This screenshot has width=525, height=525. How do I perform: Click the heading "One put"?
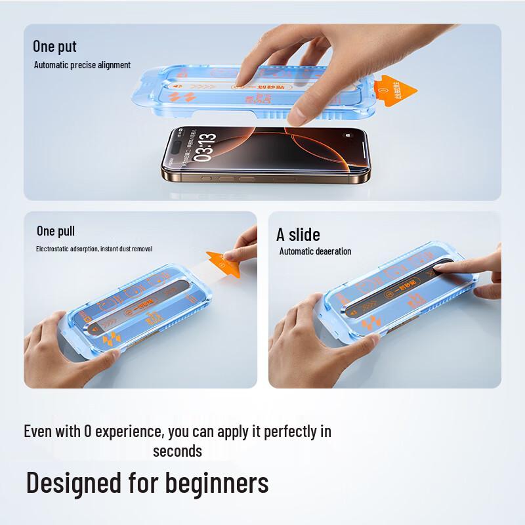pyautogui.click(x=54, y=47)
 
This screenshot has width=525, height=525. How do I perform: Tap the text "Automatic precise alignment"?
pyautogui.click(x=82, y=65)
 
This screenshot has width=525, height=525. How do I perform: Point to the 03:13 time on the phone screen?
pyautogui.click(x=199, y=140)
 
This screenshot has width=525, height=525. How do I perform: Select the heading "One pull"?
pyautogui.click(x=56, y=231)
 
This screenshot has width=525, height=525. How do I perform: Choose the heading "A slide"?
pyautogui.click(x=298, y=234)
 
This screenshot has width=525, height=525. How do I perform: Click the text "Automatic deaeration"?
pyautogui.click(x=315, y=251)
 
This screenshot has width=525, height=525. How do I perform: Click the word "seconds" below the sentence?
pyautogui.click(x=177, y=451)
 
